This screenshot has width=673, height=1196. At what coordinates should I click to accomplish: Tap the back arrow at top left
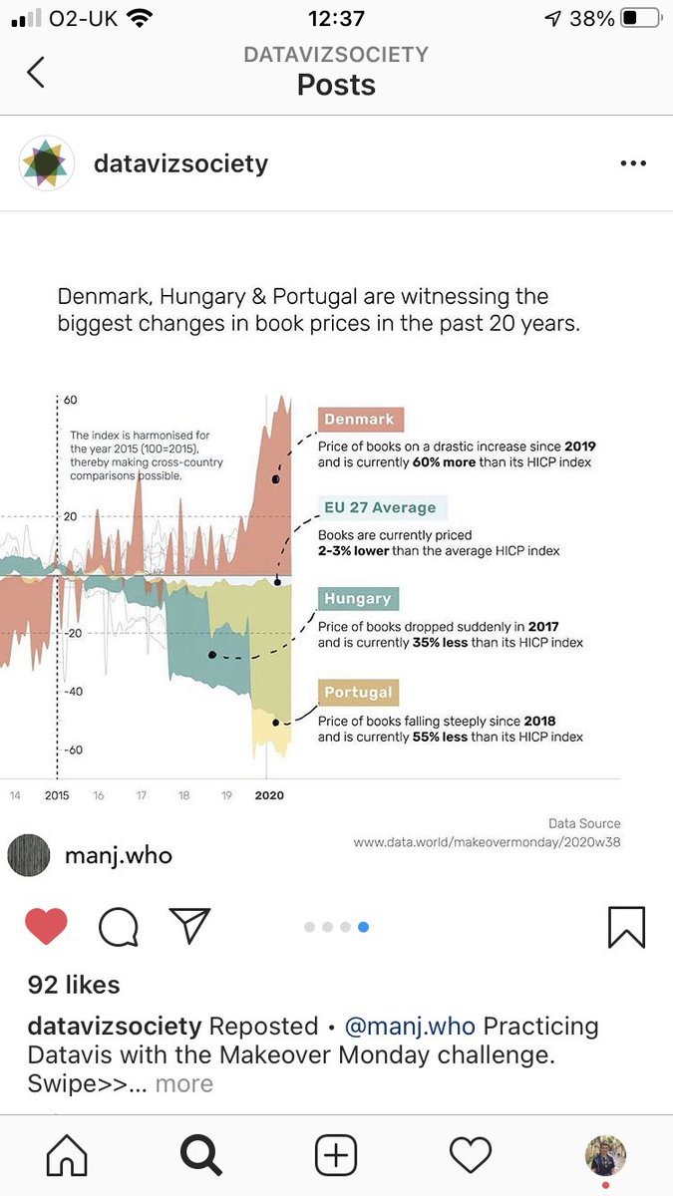[36, 72]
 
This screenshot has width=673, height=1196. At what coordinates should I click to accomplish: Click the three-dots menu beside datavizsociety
[633, 163]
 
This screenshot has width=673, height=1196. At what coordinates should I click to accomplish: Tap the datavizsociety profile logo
[47, 163]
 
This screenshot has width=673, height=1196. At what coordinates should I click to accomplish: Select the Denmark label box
[359, 420]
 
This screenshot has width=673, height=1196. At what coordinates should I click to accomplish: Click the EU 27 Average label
[380, 507]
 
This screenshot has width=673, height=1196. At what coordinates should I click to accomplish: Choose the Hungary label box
[358, 598]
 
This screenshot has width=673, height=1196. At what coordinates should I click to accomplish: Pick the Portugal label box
[359, 692]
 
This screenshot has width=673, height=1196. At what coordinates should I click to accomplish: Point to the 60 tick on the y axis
[70, 400]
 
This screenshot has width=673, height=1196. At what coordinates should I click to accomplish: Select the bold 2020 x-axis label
[269, 795]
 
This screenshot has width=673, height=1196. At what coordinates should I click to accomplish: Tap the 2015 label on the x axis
[57, 795]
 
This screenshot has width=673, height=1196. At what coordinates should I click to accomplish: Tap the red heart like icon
[46, 927]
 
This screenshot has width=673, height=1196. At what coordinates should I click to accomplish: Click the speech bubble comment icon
[118, 927]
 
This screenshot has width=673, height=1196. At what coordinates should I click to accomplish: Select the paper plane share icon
[189, 926]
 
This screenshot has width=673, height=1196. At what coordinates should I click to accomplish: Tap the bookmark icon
[627, 927]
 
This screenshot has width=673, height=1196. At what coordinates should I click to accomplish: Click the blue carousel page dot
[363, 927]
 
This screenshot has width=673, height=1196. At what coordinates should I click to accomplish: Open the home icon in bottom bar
[67, 1155]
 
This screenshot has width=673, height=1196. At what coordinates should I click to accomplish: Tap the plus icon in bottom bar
[336, 1155]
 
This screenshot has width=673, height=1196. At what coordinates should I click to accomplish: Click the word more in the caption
[184, 1083]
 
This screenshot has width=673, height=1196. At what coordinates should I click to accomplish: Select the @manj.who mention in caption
[410, 1026]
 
